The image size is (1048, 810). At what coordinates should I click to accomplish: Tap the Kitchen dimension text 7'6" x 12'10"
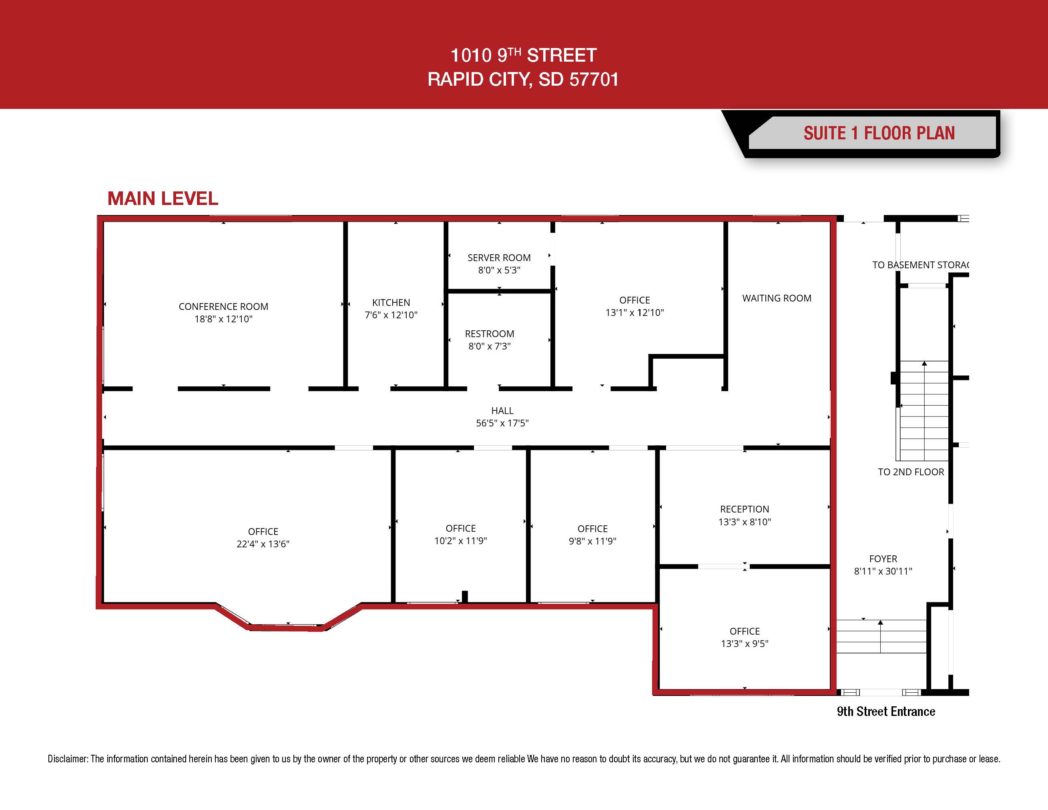click(x=391, y=315)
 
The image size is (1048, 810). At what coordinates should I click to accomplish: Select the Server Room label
click(x=499, y=258)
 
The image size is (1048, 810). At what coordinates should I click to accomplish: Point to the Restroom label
click(x=490, y=334)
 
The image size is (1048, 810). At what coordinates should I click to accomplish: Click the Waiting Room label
click(x=777, y=298)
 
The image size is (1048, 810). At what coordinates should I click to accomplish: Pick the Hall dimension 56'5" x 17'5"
click(x=502, y=423)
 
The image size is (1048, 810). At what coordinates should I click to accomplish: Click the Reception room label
click(x=745, y=509)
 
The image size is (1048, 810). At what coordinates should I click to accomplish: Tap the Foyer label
click(x=883, y=559)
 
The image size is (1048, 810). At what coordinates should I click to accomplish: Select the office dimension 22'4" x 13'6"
click(x=263, y=544)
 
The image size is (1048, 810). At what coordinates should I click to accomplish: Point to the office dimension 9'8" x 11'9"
click(x=592, y=541)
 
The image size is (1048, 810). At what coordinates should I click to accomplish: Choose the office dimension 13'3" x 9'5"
click(x=745, y=644)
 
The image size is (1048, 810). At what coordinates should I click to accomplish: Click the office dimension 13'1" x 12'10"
click(x=635, y=313)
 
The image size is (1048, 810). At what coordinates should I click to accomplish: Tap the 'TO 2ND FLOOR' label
click(x=911, y=472)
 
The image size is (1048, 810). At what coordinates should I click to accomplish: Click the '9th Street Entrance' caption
click(x=886, y=712)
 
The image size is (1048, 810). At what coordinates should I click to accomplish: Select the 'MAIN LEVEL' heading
click(x=163, y=199)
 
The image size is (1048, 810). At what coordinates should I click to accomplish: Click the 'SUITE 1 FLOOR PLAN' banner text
click(x=879, y=133)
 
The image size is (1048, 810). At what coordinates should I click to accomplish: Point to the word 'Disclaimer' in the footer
click(x=68, y=759)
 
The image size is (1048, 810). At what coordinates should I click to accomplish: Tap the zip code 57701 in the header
click(x=594, y=80)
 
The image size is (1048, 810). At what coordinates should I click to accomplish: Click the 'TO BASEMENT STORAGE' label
click(x=921, y=265)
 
